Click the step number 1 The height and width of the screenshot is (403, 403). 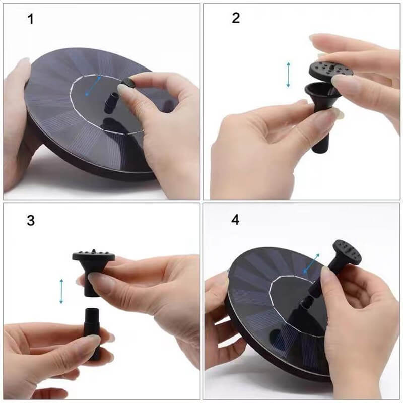tap(31, 20)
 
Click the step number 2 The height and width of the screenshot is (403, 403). tap(236, 19)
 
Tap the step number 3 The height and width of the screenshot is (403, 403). tap(31, 220)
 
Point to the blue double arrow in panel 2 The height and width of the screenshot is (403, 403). tap(288, 74)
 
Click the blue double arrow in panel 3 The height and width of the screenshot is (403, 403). tap(61, 291)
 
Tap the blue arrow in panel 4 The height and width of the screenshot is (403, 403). tap(311, 263)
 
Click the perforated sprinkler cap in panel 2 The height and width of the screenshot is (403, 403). tap(330, 71)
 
